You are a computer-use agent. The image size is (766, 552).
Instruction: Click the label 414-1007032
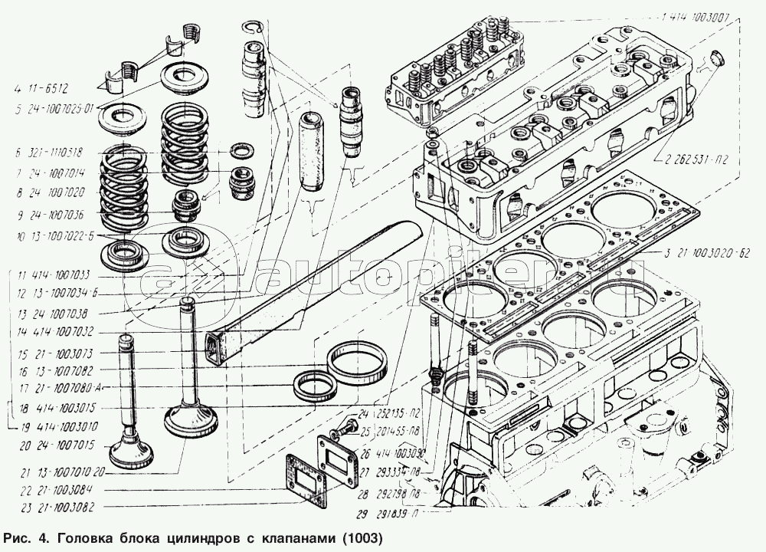coord(61,333)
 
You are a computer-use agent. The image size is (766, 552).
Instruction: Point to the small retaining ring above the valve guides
coord(257,28)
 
